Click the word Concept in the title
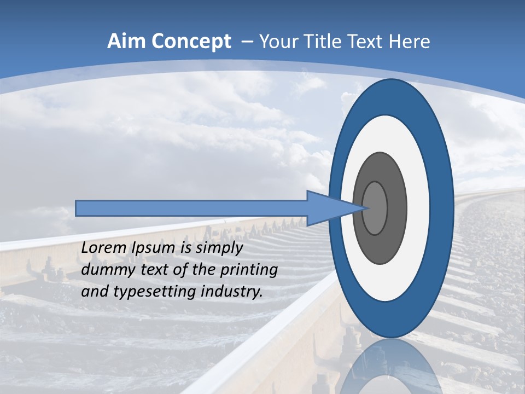pos(191,42)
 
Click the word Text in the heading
pos(366,42)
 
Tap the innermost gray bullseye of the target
pos(375,208)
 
